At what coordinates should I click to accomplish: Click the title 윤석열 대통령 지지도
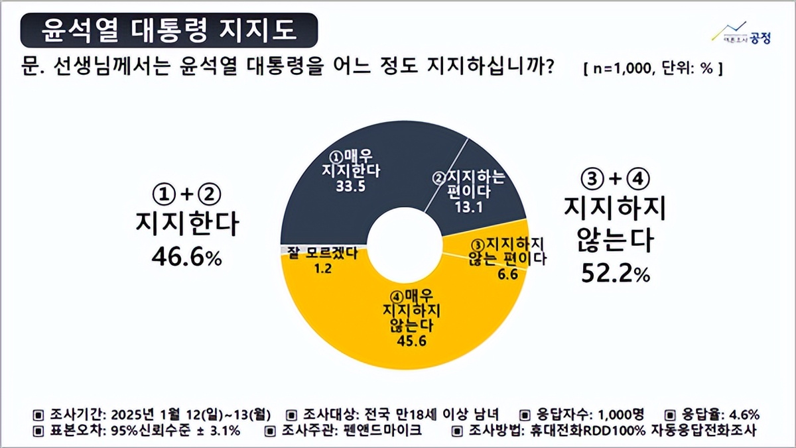(169, 29)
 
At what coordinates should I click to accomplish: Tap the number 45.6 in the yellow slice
(405, 342)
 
